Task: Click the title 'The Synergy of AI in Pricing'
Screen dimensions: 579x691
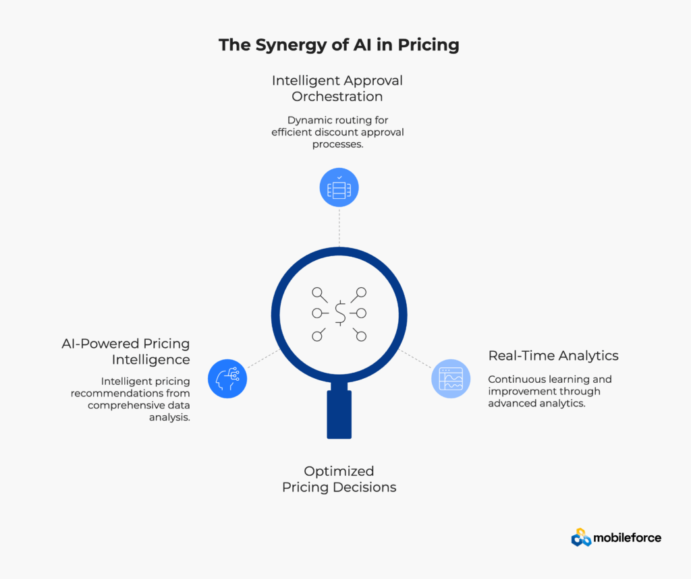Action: click(338, 45)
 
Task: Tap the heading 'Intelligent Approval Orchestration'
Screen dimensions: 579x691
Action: click(337, 88)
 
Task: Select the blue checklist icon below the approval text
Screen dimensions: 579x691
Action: click(339, 187)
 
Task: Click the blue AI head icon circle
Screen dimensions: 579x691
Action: click(227, 378)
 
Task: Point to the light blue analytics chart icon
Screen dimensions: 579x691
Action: click(451, 379)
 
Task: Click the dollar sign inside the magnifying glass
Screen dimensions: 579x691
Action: click(339, 312)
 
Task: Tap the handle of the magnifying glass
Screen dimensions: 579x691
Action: click(339, 414)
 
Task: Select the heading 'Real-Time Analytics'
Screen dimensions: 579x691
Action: click(553, 355)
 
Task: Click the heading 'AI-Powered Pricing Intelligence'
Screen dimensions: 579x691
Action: click(126, 351)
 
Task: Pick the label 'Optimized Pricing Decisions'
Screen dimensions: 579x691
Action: click(339, 479)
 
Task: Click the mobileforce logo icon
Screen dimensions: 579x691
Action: click(581, 537)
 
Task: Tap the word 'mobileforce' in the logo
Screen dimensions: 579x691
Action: click(627, 538)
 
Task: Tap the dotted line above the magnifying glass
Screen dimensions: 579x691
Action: click(339, 226)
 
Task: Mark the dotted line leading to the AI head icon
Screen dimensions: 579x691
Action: click(263, 359)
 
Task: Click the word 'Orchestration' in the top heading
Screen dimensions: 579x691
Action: click(337, 96)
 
